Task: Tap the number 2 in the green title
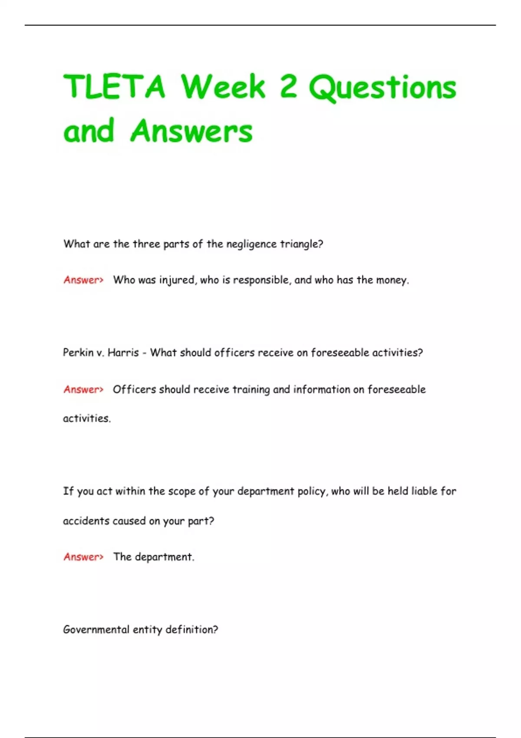tap(288, 86)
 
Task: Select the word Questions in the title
tap(383, 88)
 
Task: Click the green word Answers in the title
tap(191, 131)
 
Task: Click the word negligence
tap(251, 244)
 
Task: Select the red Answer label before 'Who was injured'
tap(83, 280)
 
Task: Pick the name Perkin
tap(78, 353)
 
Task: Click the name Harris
tap(123, 353)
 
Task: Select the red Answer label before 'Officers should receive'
tap(83, 389)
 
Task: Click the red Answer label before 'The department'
tap(83, 557)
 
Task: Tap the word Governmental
tap(96, 629)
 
